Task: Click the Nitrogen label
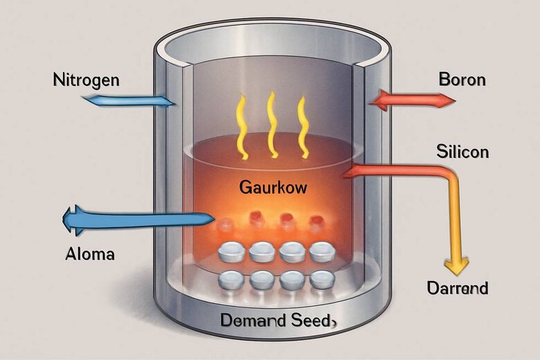click(86, 80)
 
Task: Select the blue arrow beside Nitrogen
click(128, 100)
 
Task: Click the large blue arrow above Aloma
click(135, 220)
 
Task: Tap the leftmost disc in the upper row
click(230, 251)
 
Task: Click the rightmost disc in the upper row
click(321, 251)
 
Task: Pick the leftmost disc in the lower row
click(231, 280)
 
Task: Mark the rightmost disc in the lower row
click(321, 279)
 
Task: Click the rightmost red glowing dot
click(316, 222)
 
